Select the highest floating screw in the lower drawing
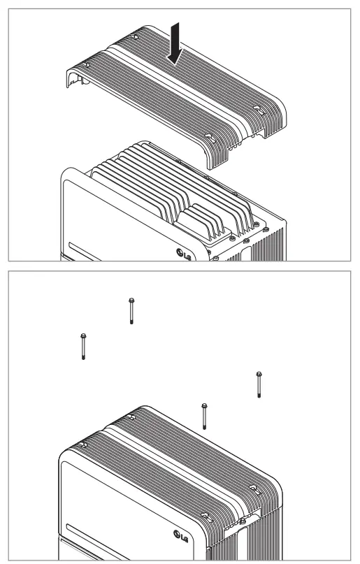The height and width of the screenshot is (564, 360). pyautogui.click(x=131, y=310)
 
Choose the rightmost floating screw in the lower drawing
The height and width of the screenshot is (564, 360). pyautogui.click(x=259, y=384)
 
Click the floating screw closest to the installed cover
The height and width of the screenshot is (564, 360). pyautogui.click(x=203, y=417)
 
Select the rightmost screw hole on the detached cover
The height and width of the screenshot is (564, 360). pyautogui.click(x=258, y=108)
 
